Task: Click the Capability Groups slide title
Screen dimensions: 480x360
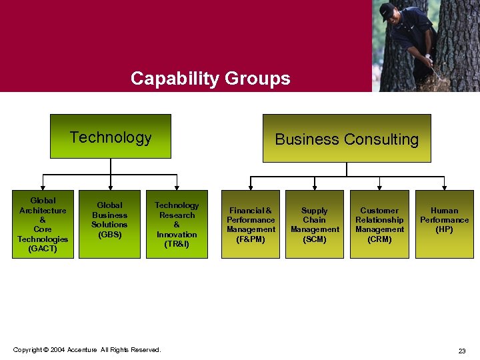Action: pos(211,79)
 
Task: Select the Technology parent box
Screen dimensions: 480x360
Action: pos(111,137)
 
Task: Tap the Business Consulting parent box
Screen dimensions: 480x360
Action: pos(347,139)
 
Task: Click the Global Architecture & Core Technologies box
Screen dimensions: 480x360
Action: pos(43,224)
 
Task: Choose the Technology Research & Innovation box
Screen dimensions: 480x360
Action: pos(177,224)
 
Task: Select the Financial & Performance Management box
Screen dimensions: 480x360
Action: pos(251,224)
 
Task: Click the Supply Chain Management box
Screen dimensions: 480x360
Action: pos(315,224)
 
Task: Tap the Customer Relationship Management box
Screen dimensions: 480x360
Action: pos(379,224)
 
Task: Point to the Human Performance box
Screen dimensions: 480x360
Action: pos(445,224)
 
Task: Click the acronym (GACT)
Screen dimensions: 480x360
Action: pos(43,249)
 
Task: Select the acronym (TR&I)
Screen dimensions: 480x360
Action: pos(177,244)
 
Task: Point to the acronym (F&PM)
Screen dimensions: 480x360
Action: pos(251,239)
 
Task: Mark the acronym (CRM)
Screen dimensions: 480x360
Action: pos(379,239)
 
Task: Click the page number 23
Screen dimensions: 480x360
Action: pos(462,351)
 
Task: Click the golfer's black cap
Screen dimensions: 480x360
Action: pos(387,11)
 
